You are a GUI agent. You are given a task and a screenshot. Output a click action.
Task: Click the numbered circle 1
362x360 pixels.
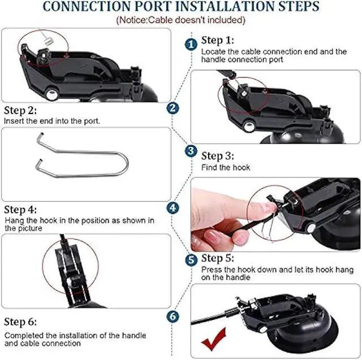coord(191,45)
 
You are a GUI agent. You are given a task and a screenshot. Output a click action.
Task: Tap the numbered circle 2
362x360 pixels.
coord(173,108)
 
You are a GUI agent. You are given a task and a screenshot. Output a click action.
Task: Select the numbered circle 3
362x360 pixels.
coord(191,151)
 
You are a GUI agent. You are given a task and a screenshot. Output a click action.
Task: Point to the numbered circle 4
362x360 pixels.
coord(173,208)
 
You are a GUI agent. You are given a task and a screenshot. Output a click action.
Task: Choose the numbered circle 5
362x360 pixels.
coord(191,259)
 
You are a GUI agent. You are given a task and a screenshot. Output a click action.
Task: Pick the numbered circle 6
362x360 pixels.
coord(173,316)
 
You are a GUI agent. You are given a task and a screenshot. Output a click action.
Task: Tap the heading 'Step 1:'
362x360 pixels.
coord(217,40)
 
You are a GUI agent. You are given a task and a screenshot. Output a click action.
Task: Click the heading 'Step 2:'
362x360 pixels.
coord(20,111)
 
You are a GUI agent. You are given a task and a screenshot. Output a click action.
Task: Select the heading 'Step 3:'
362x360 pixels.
coord(217,156)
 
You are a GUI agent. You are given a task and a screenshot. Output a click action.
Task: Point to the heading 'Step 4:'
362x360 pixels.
coord(20,210)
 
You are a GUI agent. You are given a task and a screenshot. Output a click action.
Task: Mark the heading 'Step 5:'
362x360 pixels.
coord(217,258)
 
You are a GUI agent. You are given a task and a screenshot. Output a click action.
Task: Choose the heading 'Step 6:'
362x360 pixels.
coord(20,322)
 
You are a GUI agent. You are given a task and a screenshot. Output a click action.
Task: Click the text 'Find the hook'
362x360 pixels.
coord(226,167)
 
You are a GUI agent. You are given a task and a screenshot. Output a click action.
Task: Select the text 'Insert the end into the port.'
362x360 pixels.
coord(52,121)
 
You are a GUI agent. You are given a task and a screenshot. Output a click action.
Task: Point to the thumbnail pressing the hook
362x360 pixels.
coord(275,215)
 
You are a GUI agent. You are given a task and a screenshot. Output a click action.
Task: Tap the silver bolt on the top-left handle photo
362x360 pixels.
coord(51,94)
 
